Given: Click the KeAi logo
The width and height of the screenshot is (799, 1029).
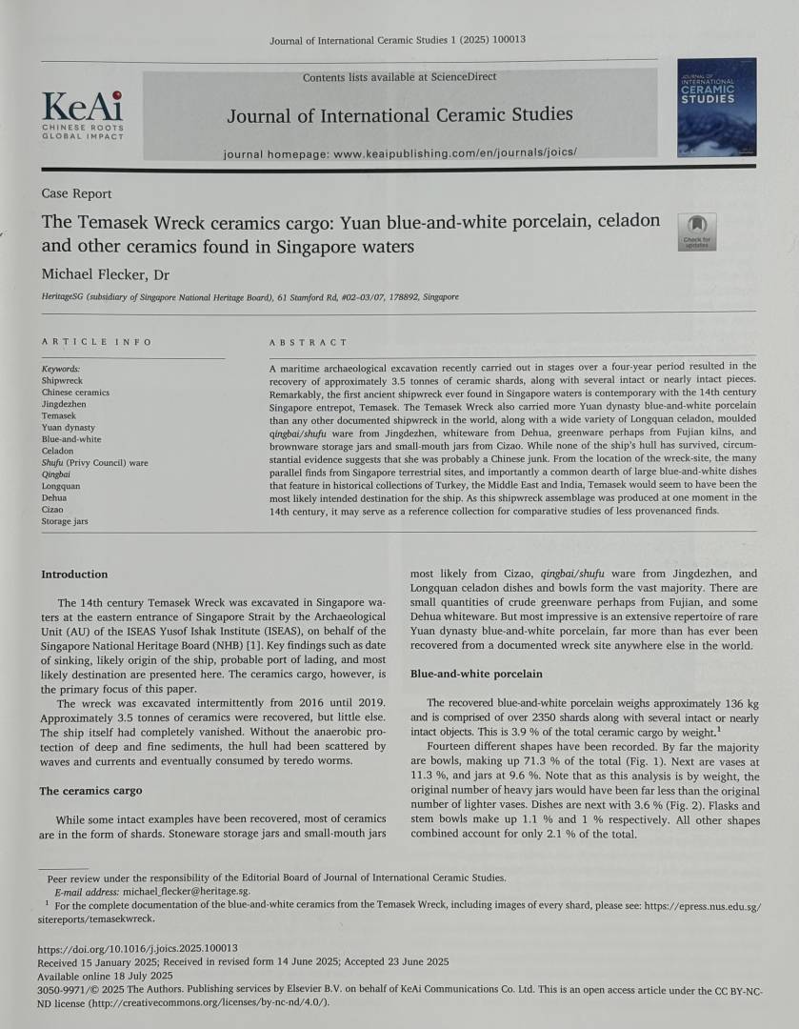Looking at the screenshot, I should coord(82,112).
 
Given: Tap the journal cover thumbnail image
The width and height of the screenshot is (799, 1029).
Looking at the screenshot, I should coord(717,112).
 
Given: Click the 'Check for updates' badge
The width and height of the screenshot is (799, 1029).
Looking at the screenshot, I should coord(697,232).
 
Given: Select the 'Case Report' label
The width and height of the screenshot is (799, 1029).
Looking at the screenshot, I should coord(76,193).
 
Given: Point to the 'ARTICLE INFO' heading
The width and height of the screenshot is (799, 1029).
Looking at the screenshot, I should coord(96,342).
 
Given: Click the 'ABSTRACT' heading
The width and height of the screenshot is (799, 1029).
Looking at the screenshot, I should coord(309,342).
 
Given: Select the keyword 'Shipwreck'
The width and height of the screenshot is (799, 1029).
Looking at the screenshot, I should coord(63,380).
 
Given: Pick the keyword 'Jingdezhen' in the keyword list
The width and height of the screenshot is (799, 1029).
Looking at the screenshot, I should coord(67,404).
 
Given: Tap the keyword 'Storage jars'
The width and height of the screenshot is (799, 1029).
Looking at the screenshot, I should coord(65,521).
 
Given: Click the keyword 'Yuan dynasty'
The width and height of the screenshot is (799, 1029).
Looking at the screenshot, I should coord(69,428).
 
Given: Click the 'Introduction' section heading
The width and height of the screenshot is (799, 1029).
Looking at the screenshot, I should coord(74,575).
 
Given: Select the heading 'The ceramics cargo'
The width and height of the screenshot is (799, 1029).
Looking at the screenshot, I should coord(90,791).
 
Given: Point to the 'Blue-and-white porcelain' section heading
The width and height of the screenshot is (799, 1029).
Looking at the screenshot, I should coord(476,674).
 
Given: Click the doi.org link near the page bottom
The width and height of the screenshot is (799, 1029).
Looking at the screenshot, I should coord(137,949).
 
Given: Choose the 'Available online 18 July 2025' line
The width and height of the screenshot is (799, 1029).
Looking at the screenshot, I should coord(105,976).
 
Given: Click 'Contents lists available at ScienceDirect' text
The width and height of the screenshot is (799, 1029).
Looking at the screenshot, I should coord(399,77).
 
